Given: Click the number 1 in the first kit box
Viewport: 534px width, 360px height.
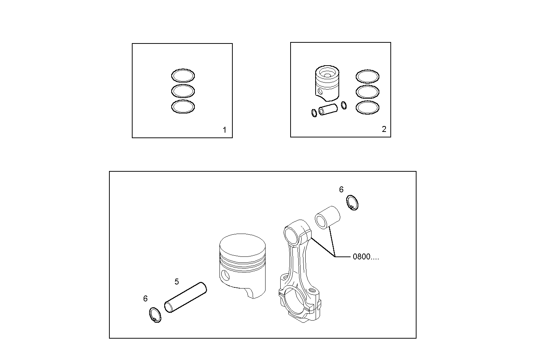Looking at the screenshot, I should (225, 130).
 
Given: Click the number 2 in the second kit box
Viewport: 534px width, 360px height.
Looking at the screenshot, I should (384, 129).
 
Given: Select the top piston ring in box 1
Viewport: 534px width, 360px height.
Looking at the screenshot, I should (183, 76).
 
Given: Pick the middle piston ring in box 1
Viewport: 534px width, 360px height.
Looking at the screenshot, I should (183, 91).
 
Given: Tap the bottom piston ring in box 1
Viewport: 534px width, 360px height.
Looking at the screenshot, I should (183, 106).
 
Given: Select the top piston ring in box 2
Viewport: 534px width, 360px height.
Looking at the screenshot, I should (368, 77).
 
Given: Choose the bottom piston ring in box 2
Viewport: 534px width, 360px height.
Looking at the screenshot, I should (368, 107).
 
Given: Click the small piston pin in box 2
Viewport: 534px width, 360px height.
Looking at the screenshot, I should (328, 109).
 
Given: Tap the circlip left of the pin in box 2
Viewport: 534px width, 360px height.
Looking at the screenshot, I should (314, 113).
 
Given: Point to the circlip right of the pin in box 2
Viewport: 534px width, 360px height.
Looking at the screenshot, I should (344, 105).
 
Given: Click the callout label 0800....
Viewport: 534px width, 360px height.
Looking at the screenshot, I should (365, 257).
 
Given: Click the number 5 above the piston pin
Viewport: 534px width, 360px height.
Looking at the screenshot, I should (177, 282).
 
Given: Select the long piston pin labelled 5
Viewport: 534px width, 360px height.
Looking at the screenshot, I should (186, 298).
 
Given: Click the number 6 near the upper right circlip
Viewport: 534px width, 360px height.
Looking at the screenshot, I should (341, 189).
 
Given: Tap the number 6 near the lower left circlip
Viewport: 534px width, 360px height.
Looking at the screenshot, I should (145, 298).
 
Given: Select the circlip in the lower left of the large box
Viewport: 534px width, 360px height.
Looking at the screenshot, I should (155, 315).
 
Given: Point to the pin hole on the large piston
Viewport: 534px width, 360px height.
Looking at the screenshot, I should (225, 275).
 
